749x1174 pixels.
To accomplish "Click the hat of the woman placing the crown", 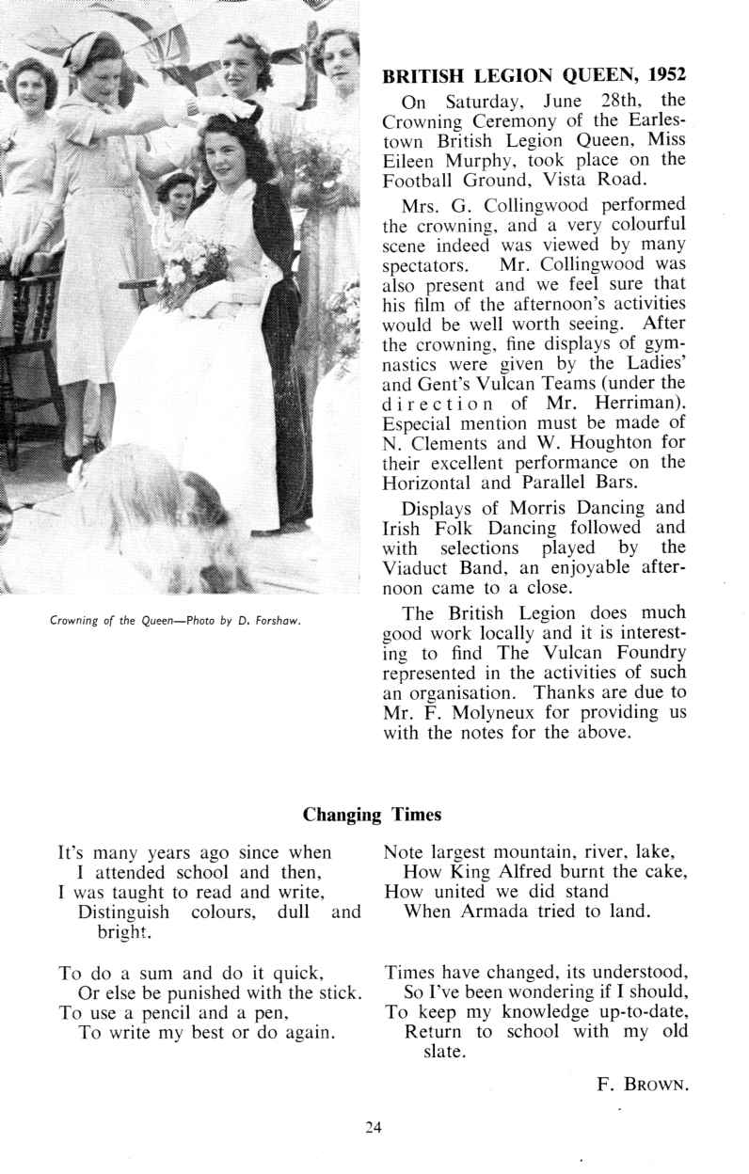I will (x=91, y=49).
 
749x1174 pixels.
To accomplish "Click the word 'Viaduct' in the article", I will (x=421, y=568).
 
